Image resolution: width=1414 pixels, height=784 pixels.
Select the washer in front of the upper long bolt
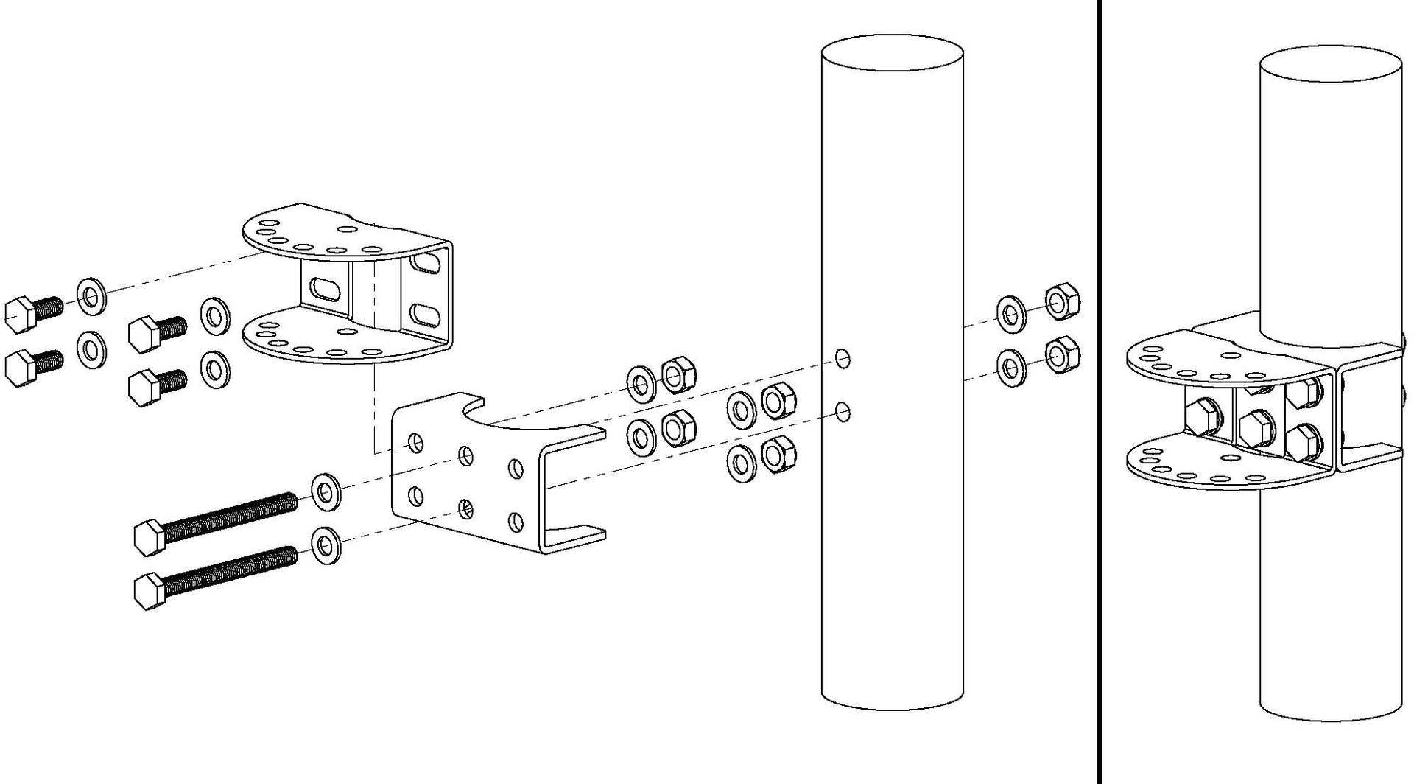pyautogui.click(x=325, y=491)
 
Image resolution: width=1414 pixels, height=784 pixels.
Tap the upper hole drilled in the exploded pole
pyautogui.click(x=843, y=359)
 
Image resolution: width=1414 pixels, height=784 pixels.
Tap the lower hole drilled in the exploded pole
pyautogui.click(x=844, y=411)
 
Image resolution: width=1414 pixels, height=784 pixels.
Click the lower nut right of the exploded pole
pyautogui.click(x=1062, y=355)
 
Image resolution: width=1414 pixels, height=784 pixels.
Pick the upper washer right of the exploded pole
pyautogui.click(x=1011, y=312)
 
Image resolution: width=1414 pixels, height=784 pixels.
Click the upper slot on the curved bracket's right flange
pyautogui.click(x=426, y=263)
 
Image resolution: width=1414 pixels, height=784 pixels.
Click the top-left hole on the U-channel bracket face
pyautogui.click(x=416, y=443)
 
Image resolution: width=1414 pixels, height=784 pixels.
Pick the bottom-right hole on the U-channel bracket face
pyautogui.click(x=516, y=522)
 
